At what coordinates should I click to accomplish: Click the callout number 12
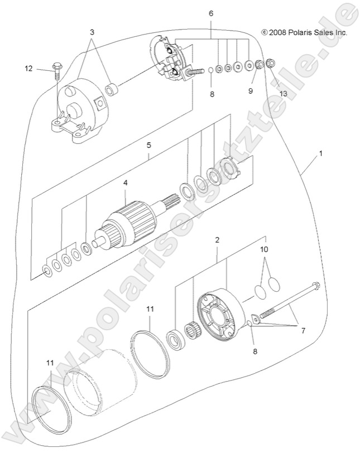tap(28, 68)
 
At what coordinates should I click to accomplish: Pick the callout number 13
tap(284, 93)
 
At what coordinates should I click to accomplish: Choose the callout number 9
tap(251, 90)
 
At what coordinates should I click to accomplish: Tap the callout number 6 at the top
tap(210, 12)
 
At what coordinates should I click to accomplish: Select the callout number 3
tap(92, 32)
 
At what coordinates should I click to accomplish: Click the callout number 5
tap(148, 145)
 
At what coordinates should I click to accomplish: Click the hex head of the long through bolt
tap(315, 287)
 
